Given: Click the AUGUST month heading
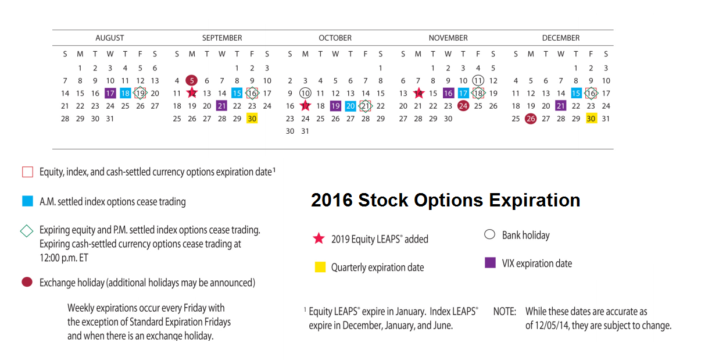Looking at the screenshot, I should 109,38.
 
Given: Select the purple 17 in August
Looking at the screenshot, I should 110,93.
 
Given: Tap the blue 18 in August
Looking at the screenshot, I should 125,93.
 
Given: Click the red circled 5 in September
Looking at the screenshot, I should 192,81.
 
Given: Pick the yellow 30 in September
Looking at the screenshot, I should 252,119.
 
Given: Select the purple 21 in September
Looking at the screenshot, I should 221,106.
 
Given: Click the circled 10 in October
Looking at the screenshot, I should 305,93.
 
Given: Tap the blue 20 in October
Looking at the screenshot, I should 350,106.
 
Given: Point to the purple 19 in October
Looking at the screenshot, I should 335,106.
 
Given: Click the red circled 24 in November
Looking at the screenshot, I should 463,106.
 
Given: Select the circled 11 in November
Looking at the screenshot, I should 478,81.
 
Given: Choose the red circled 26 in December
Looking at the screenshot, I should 530,119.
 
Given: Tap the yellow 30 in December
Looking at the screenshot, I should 591,119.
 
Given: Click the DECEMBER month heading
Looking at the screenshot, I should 560,38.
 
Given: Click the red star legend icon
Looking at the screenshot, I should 319,238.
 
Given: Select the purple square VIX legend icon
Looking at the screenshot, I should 490,263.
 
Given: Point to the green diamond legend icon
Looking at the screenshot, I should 27,230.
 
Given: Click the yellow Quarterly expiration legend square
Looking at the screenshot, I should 320,268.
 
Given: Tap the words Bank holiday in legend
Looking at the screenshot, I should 525,235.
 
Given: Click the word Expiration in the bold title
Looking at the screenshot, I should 534,200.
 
